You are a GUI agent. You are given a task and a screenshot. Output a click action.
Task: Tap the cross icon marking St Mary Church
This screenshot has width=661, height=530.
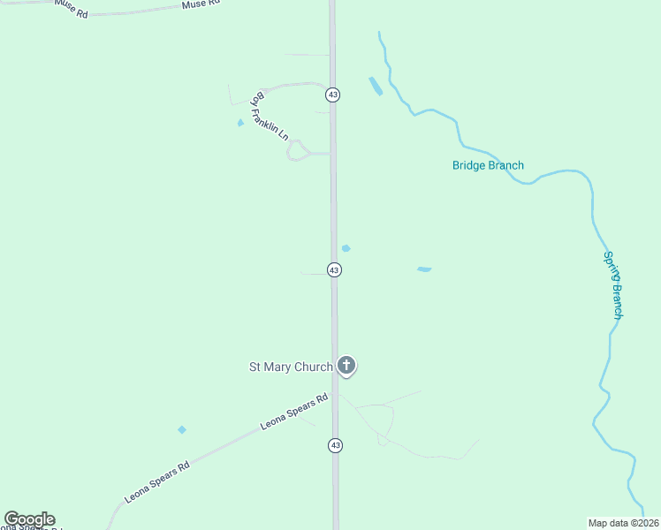(x=346, y=366)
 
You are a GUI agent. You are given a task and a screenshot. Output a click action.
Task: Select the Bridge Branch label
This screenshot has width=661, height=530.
(x=488, y=165)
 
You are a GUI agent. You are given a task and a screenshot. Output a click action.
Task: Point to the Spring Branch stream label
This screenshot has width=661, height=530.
(x=614, y=284)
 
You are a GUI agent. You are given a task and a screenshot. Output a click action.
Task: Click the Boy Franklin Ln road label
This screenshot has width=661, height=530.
(x=270, y=116)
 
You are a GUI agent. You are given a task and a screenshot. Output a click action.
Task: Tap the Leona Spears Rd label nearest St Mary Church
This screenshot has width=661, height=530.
(x=294, y=412)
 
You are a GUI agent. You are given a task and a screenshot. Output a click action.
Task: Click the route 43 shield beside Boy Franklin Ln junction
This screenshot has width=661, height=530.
(x=332, y=94)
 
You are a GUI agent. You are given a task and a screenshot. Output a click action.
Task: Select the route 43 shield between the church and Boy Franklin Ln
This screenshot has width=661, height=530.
(x=334, y=269)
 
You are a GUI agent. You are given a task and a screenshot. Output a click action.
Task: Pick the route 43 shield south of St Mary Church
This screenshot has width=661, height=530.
(x=335, y=446)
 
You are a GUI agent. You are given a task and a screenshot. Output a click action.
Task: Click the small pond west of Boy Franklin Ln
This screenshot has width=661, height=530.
(x=240, y=123)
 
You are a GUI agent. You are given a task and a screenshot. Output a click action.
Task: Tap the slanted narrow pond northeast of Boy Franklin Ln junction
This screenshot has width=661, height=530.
(x=376, y=87)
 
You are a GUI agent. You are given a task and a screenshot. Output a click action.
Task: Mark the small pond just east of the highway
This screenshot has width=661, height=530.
(x=346, y=248)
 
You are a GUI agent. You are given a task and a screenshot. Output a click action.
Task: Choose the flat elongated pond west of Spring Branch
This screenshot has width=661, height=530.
(x=424, y=269)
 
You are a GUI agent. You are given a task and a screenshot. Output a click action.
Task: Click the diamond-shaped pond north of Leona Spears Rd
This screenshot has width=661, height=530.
(x=182, y=430)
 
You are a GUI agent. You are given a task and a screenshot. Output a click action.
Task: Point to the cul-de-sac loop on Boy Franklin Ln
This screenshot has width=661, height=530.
(x=299, y=151)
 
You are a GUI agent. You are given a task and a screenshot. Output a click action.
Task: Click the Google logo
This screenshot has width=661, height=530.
(x=29, y=519)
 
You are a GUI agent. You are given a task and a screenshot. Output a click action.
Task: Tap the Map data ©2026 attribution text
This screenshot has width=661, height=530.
(x=623, y=522)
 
